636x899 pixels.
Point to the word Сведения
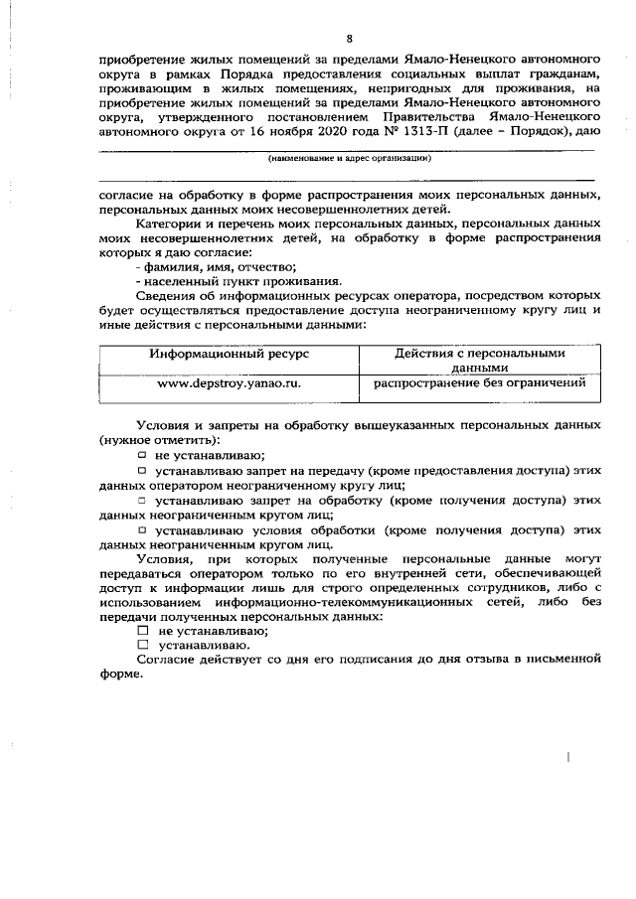(167, 296)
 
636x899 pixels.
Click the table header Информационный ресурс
(229, 354)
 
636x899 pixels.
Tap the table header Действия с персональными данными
(479, 360)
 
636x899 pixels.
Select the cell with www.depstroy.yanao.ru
(230, 382)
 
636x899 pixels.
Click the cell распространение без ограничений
(479, 382)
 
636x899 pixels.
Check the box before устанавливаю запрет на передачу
(142, 470)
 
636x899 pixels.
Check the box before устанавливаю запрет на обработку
(142, 501)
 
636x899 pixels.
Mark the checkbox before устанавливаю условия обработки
(142, 531)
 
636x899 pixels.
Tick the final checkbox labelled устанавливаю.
(142, 645)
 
